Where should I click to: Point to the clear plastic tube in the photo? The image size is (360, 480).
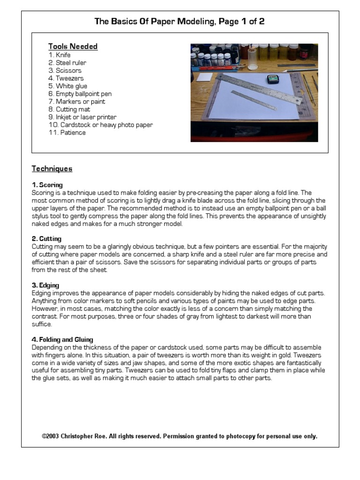tap(253, 58)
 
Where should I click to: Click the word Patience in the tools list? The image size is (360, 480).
tap(70, 133)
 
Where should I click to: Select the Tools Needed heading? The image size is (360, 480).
tap(73, 46)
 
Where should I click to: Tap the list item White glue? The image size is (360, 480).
tap(71, 86)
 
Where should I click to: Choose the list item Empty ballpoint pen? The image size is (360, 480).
tap(83, 94)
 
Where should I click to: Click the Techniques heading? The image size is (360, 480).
tap(52, 169)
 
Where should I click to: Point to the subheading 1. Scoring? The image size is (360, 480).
tap(47, 185)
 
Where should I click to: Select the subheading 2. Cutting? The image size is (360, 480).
tap(47, 239)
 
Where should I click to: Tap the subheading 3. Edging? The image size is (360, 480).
tap(45, 285)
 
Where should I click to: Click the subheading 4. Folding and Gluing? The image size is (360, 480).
tap(62, 339)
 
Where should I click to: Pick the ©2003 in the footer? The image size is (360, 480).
tap(50, 436)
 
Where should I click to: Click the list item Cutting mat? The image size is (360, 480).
tap(73, 109)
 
